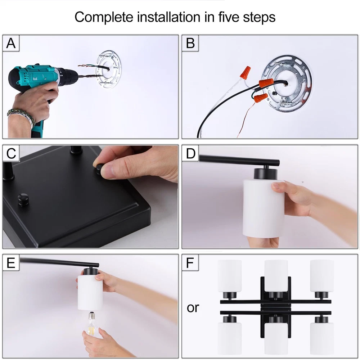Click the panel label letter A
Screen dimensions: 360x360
coord(11,43)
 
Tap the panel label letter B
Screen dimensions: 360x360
coord(190,43)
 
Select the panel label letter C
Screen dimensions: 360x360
coord(11,153)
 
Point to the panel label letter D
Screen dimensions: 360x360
coord(190,153)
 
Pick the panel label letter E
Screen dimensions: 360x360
coord(11,263)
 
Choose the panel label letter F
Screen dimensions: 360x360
coord(190,263)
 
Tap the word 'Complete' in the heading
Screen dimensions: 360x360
coord(104,17)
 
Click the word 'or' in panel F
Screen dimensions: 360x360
coord(193,308)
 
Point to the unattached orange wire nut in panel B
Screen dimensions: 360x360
coord(245,72)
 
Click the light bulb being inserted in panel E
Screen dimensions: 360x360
coord(92,324)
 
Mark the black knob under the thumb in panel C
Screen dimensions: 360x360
coord(99,169)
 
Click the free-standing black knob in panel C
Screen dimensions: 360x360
coord(23,199)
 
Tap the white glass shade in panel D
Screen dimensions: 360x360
coord(264,208)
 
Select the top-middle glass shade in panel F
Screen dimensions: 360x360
coord(276,275)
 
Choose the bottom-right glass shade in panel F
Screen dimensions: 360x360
coord(322,338)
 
